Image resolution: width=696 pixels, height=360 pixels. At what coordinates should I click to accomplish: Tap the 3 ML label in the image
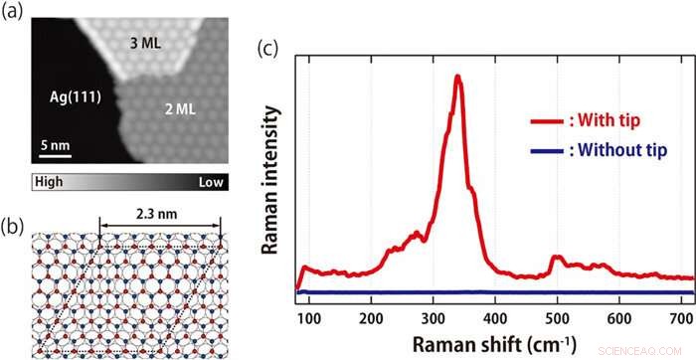(148, 44)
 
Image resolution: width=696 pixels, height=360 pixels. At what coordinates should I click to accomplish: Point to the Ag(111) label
(76, 96)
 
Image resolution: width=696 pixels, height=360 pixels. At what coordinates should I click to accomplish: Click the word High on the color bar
(49, 182)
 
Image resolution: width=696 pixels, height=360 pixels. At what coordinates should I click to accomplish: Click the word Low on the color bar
(213, 182)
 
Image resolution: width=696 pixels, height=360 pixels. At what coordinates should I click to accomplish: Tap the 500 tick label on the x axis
(557, 317)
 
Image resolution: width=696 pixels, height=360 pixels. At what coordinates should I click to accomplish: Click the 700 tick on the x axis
(680, 317)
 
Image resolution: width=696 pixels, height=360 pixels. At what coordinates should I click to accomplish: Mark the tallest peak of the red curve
(456, 77)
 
